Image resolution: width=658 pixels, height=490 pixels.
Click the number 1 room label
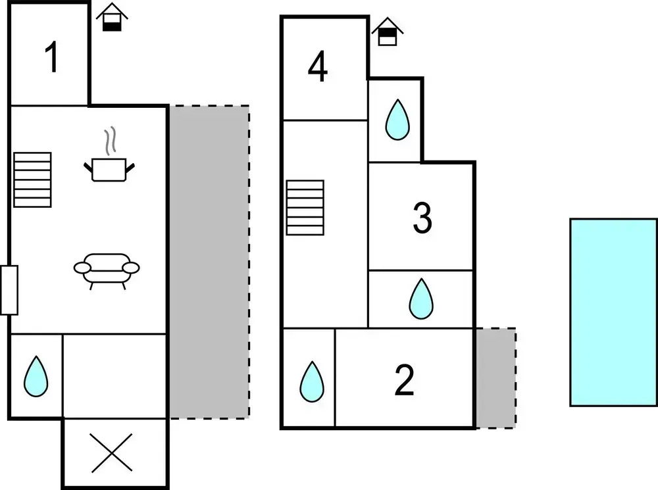[x=52, y=57]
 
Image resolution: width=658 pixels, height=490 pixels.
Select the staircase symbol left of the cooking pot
[x=32, y=180]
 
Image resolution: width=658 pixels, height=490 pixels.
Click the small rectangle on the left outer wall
[x=9, y=290]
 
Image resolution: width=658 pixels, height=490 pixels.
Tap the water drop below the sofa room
[x=36, y=377]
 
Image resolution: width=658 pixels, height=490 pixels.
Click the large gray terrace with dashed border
[x=209, y=262]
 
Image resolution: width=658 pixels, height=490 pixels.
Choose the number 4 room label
[x=318, y=67]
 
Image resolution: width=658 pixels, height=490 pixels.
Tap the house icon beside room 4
[x=388, y=32]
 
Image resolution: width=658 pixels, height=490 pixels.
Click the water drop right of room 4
[x=397, y=120]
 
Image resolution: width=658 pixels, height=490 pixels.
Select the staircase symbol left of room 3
[x=305, y=207]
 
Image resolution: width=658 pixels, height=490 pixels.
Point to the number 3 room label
[x=422, y=218]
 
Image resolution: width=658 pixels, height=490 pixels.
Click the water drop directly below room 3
[x=421, y=299]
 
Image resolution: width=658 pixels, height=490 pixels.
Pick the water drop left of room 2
[x=311, y=381]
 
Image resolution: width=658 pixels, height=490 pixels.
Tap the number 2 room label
[x=404, y=380]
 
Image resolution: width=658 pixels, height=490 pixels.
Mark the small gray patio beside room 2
[x=495, y=378]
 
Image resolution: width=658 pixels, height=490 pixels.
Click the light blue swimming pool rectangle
[x=613, y=312]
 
